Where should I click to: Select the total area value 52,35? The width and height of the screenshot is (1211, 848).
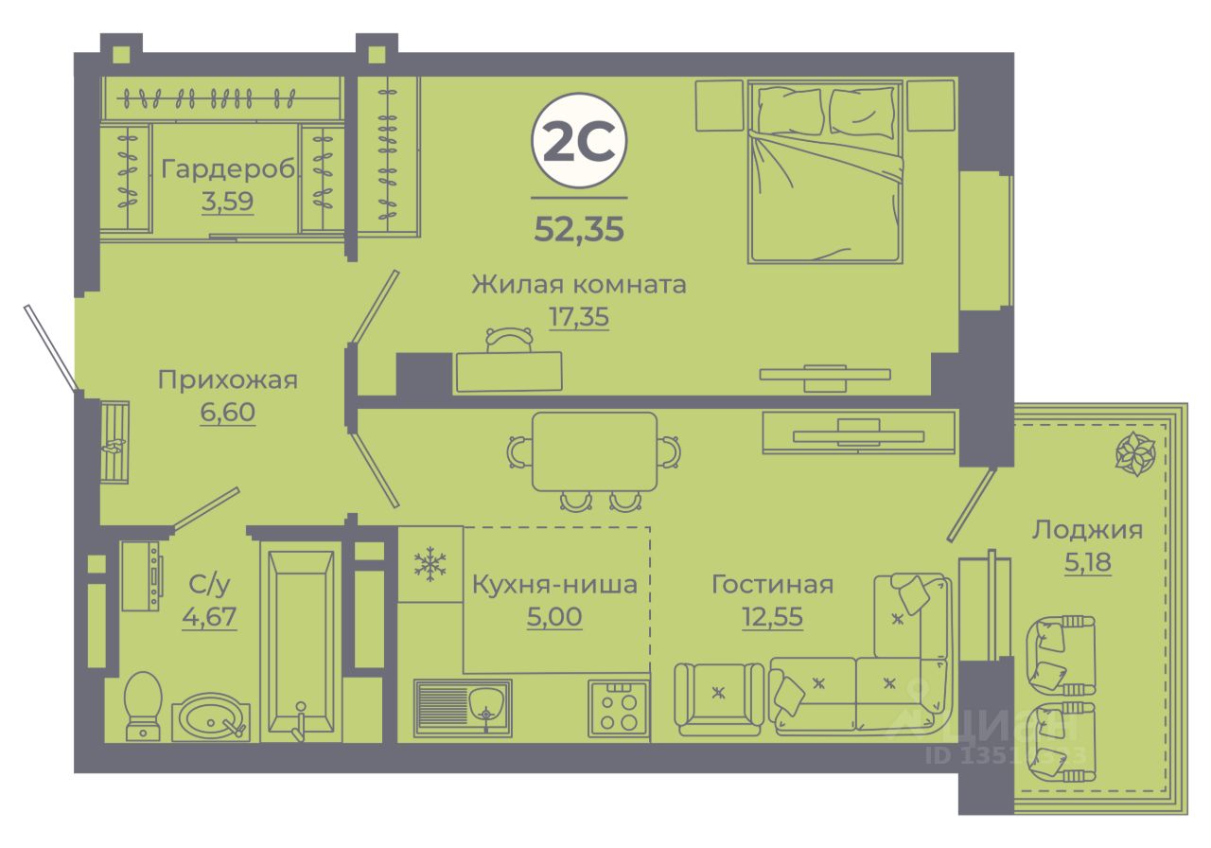point(579,229)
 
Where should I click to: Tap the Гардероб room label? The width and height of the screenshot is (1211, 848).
point(228,169)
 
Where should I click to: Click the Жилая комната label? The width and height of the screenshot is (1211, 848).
point(579,284)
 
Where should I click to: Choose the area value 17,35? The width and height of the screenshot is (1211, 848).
point(579,316)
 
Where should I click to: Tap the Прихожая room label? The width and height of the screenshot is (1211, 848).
point(227,380)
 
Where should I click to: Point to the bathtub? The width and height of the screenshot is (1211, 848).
point(300,644)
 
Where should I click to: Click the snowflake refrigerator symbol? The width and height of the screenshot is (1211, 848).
point(430,565)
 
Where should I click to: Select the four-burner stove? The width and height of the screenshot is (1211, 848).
point(618,708)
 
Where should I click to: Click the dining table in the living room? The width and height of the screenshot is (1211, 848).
point(594,452)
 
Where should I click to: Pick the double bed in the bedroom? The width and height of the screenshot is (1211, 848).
point(823,170)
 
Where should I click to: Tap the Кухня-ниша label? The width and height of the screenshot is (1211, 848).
point(554,585)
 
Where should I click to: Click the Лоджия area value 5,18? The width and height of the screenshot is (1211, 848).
point(1087,562)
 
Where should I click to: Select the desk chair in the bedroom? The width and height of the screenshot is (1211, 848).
point(509,339)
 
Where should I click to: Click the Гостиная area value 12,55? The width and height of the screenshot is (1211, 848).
point(772,617)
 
